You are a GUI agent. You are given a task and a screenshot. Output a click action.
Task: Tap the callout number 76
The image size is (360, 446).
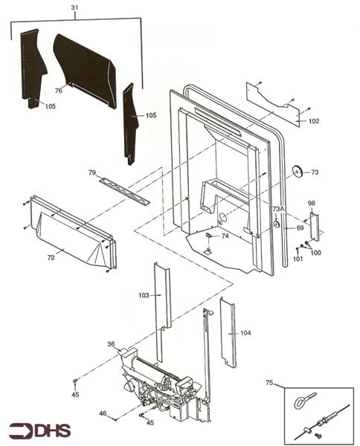pyautogui.click(x=58, y=90)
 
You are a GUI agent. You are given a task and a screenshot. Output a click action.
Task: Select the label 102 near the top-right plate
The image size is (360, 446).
pyautogui.click(x=313, y=121)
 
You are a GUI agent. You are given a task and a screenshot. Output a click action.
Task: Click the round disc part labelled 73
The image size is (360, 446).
pyautogui.click(x=297, y=172)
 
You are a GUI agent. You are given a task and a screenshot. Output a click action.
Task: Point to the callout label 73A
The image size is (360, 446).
pyautogui.click(x=277, y=209)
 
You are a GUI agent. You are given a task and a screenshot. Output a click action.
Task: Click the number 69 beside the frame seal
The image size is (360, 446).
pyautogui.click(x=300, y=227)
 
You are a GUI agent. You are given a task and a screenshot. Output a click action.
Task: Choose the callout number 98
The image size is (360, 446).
pyautogui.click(x=312, y=202)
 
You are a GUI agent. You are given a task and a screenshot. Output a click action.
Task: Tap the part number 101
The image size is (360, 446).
pyautogui.click(x=298, y=259)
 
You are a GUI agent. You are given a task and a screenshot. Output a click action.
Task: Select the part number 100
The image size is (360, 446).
pyautogui.click(x=315, y=253)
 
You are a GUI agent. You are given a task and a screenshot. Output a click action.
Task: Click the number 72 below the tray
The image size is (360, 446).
pyautogui.click(x=51, y=258)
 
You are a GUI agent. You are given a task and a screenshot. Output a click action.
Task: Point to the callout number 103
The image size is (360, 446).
pyautogui.click(x=144, y=295)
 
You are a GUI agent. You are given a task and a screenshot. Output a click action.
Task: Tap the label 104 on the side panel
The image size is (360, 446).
pyautogui.click(x=245, y=333)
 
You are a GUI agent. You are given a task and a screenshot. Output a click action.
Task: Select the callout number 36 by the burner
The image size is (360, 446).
pyautogui.click(x=111, y=343)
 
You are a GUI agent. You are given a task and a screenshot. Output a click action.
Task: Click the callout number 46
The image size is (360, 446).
pyautogui.click(x=103, y=413)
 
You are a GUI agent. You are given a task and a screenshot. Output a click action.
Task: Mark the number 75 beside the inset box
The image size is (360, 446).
pyautogui.click(x=269, y=383)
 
